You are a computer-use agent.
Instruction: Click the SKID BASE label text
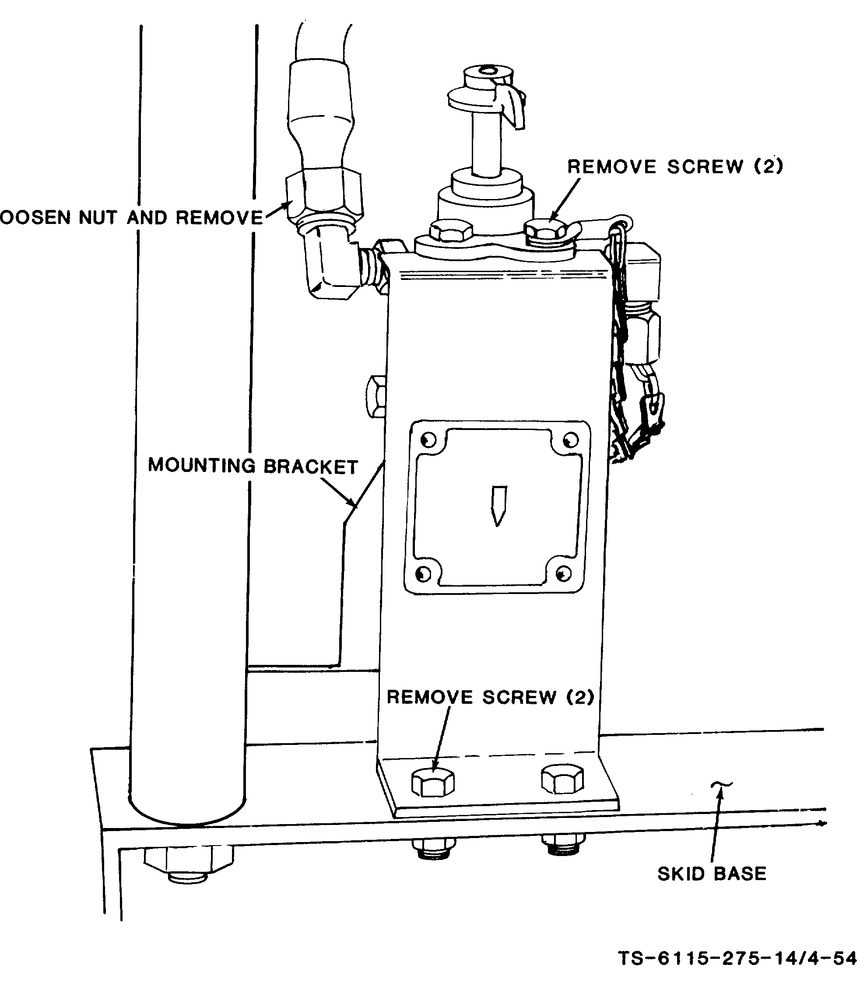[x=712, y=874]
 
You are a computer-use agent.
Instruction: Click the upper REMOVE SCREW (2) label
[x=675, y=166]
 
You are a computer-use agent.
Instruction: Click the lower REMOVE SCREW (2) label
[x=491, y=697]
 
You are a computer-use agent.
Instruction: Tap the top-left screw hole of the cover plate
[x=428, y=440]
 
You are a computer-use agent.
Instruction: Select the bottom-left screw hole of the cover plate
[x=423, y=573]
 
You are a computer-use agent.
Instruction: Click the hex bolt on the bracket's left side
[x=376, y=396]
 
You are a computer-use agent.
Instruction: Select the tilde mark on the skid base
[x=721, y=785]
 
